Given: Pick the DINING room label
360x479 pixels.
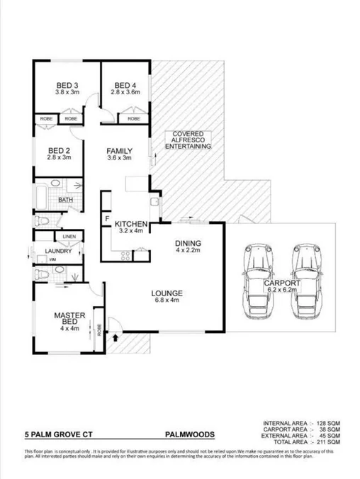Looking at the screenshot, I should tap(189, 246).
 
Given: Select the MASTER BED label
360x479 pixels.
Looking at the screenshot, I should tap(70, 323).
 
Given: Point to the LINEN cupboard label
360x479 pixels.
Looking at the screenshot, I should tap(69, 236).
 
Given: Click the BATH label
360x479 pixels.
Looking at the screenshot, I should tap(66, 200).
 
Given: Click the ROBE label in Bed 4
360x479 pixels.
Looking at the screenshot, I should tap(133, 118).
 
